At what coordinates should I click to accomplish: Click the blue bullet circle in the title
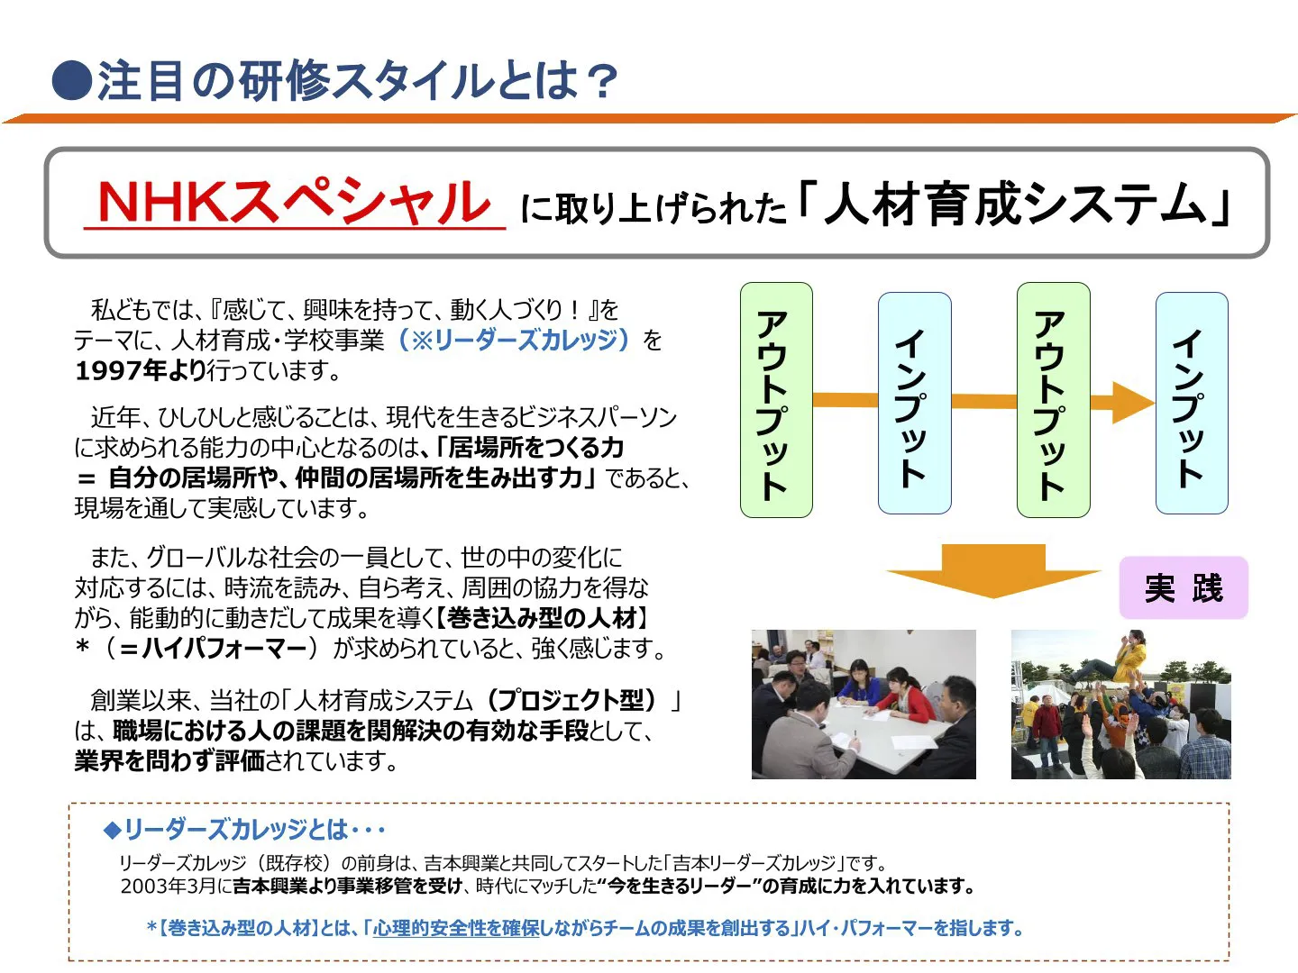[72, 80]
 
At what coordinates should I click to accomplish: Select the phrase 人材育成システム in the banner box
[1015, 204]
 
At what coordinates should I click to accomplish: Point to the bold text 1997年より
[141, 370]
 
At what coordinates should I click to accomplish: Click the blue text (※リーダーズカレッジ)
[513, 340]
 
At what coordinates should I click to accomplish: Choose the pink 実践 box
[1183, 588]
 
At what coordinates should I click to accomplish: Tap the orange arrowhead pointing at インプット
[1132, 401]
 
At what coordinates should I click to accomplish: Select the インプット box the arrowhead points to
[1191, 403]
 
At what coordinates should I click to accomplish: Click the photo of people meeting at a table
[863, 704]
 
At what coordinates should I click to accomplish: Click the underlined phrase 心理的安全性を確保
[455, 928]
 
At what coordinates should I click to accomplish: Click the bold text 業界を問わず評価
[169, 760]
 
